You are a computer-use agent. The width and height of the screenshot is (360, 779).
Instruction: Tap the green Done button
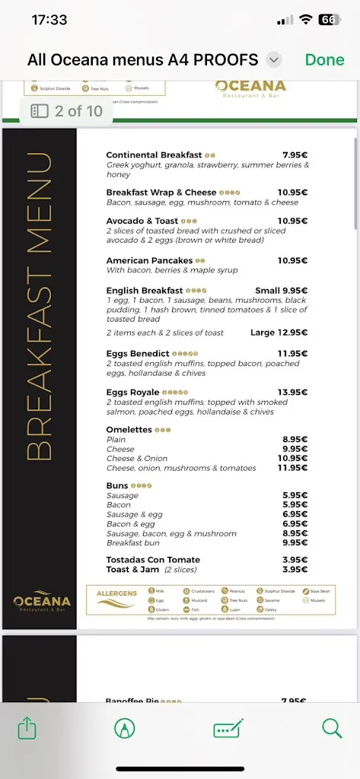click(x=324, y=59)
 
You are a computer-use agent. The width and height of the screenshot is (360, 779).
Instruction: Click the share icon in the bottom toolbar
click(x=27, y=728)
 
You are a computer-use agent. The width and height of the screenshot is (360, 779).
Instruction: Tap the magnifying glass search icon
click(x=332, y=728)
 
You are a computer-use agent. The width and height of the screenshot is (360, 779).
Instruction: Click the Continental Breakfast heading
click(x=154, y=155)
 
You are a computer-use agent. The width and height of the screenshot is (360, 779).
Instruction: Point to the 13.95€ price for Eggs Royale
click(x=292, y=393)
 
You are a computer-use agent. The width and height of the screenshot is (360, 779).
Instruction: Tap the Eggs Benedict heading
click(x=138, y=354)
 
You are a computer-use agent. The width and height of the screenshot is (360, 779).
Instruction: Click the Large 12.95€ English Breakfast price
click(x=279, y=333)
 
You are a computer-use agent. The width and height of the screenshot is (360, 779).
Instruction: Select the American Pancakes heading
click(x=149, y=260)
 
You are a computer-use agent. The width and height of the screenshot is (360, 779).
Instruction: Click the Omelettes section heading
click(x=129, y=430)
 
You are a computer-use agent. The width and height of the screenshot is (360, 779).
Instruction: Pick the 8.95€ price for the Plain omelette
click(x=295, y=440)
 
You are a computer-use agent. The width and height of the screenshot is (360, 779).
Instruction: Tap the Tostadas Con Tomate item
click(x=153, y=560)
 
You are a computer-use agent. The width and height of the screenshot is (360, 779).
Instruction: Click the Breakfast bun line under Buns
click(x=133, y=543)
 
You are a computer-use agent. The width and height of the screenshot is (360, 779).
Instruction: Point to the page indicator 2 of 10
click(x=67, y=111)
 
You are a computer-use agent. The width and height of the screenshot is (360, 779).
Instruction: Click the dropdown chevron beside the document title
click(x=275, y=59)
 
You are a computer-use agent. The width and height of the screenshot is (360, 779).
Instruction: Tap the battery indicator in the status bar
click(x=329, y=21)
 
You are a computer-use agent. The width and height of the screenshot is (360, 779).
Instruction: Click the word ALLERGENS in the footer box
click(x=116, y=593)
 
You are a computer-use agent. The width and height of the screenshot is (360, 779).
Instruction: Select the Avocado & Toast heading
click(x=142, y=221)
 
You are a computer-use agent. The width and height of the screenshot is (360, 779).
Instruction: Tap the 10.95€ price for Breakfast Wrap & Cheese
click(x=292, y=192)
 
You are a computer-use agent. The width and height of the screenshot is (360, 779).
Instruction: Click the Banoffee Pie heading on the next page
click(x=133, y=701)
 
